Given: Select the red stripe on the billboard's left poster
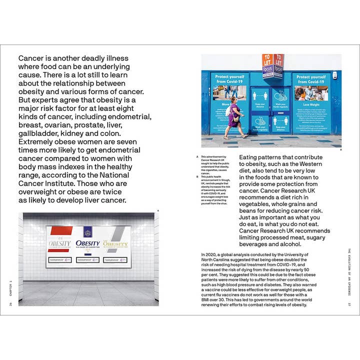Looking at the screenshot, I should [60, 231].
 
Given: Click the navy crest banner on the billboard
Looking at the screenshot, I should [88, 232].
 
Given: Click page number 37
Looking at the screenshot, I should [350, 303].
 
